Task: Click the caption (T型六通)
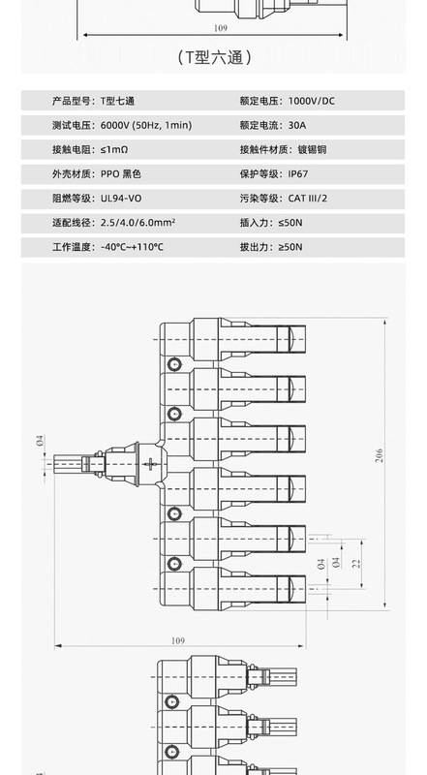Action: click(215, 58)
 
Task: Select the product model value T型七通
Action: click(117, 101)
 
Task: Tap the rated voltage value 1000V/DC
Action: click(312, 101)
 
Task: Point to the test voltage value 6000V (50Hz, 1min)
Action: click(146, 125)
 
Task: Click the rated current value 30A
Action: click(297, 125)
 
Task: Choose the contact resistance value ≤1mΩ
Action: click(114, 149)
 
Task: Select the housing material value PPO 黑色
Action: click(121, 174)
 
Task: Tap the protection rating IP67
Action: click(298, 174)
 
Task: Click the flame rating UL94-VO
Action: click(121, 199)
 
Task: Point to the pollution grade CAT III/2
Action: click(307, 199)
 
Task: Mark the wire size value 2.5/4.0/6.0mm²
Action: click(137, 223)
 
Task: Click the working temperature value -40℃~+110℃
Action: click(132, 247)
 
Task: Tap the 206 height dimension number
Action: click(379, 455)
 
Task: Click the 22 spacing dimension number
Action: click(357, 563)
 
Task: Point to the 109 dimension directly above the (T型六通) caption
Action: click(221, 28)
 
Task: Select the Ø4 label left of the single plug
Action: click(40, 441)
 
